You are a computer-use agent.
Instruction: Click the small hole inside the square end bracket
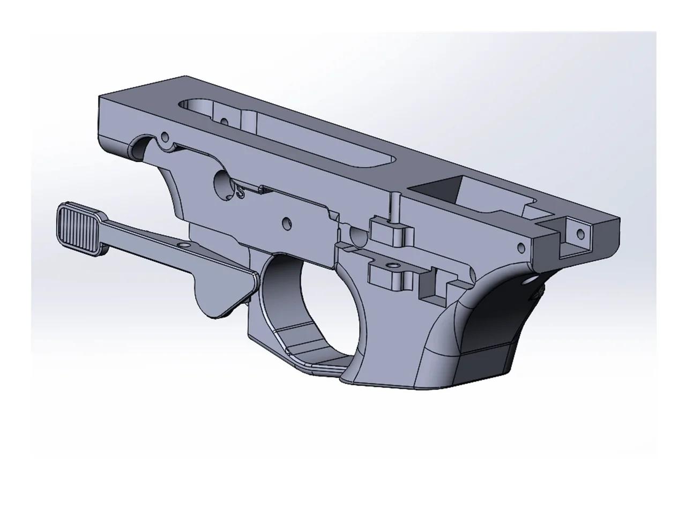(579, 234)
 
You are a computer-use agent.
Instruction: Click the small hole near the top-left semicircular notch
(165, 135)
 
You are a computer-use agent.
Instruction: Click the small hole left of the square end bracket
(519, 248)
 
